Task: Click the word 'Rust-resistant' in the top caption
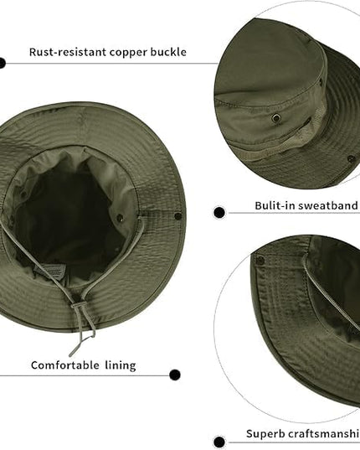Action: coord(68,52)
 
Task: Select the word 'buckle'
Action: coord(168,52)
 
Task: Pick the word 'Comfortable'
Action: coord(65,365)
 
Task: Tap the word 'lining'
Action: coord(121,366)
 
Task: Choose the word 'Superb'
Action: coord(265,433)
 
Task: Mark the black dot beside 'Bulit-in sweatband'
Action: coord(219,213)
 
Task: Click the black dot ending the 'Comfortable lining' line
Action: coord(175,375)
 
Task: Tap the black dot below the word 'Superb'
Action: coord(219,442)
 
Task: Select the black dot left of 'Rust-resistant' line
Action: coord(2,63)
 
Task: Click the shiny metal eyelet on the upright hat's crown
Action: coord(276,117)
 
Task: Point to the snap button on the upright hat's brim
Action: coord(351,158)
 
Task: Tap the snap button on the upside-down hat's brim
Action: coord(178,215)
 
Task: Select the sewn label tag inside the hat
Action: coord(50,270)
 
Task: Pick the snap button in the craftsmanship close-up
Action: coord(260,261)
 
